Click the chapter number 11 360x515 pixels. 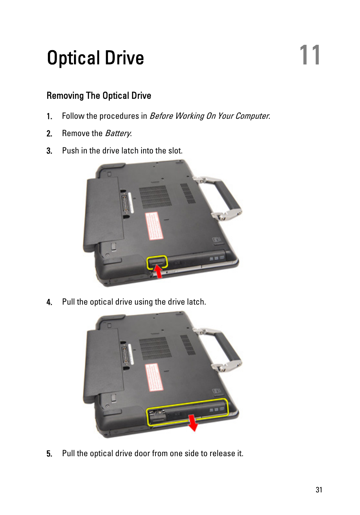coord(310,55)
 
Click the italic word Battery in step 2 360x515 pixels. coord(118,133)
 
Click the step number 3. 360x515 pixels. coord(49,151)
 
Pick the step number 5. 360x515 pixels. coord(49,454)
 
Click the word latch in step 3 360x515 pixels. coord(129,151)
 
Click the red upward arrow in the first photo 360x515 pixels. coord(158,271)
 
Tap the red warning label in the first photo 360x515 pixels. coord(154,226)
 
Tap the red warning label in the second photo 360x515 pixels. coord(154,377)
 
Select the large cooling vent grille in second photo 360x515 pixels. coord(155,348)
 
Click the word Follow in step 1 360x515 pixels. coord(73,116)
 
